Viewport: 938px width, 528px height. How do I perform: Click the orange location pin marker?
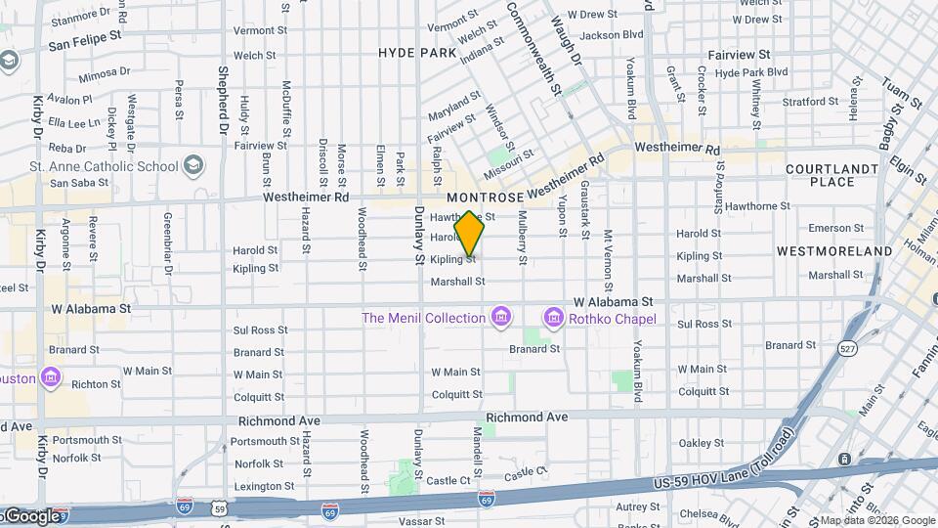pyautogui.click(x=470, y=234)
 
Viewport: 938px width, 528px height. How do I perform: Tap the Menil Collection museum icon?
pyautogui.click(x=501, y=318)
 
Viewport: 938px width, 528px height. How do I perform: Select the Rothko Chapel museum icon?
pyautogui.click(x=553, y=319)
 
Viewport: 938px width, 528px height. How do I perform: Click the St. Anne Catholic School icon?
pyautogui.click(x=193, y=164)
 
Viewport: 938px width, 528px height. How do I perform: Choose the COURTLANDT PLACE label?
pyautogui.click(x=832, y=175)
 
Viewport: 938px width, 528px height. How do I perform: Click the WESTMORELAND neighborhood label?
pyautogui.click(x=833, y=251)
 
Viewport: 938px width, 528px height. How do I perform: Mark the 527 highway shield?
pyautogui.click(x=847, y=347)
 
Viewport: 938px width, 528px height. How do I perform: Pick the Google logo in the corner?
pyautogui.click(x=31, y=515)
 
